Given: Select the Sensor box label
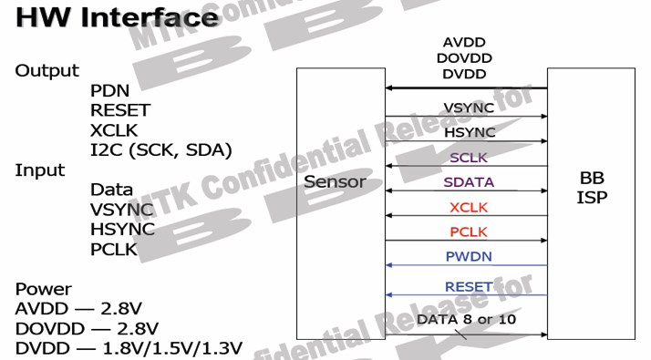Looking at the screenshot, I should pyautogui.click(x=335, y=181).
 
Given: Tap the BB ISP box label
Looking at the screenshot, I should pyautogui.click(x=591, y=187).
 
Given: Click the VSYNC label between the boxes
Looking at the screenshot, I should pyautogui.click(x=469, y=108).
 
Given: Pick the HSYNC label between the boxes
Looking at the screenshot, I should pyautogui.click(x=469, y=132).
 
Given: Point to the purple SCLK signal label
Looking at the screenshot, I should pyautogui.click(x=469, y=157).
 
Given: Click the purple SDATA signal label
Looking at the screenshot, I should pyautogui.click(x=469, y=181).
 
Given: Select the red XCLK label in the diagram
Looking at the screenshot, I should pyautogui.click(x=469, y=207).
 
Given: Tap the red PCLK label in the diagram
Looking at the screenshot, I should pyautogui.click(x=469, y=231).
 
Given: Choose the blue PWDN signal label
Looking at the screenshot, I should pyautogui.click(x=469, y=256).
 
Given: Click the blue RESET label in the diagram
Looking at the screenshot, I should pyautogui.click(x=469, y=286).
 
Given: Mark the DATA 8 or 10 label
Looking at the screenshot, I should pyautogui.click(x=466, y=320).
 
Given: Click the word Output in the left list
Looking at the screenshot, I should pyautogui.click(x=46, y=71).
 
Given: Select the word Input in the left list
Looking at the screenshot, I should pyautogui.click(x=40, y=170).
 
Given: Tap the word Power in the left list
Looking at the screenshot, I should pyautogui.click(x=43, y=290).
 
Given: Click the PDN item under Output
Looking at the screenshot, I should pyautogui.click(x=109, y=91).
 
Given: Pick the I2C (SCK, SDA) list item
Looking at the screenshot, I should pyautogui.click(x=161, y=149).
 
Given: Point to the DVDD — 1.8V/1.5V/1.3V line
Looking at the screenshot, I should pyautogui.click(x=129, y=348).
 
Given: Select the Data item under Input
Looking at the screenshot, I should pyautogui.click(x=111, y=190).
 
